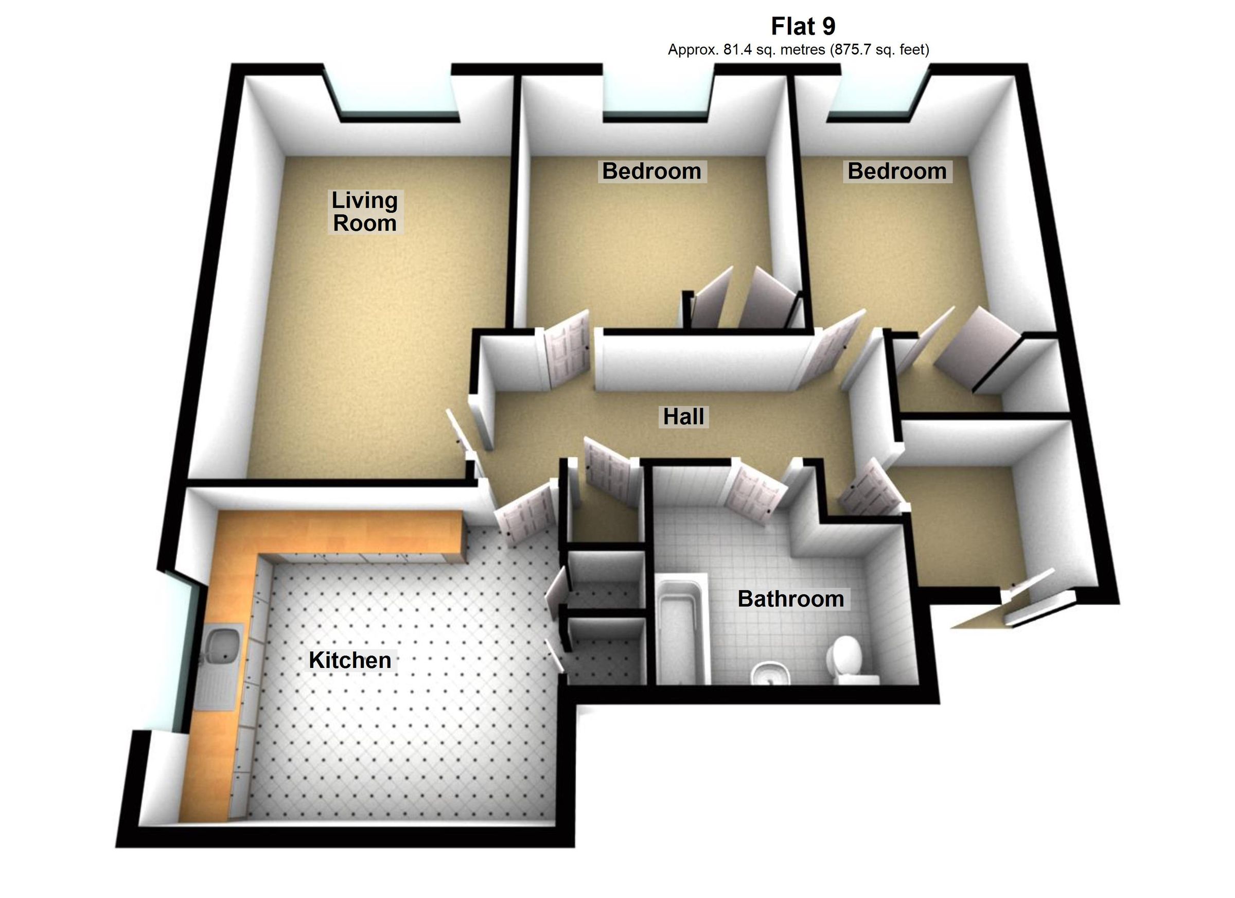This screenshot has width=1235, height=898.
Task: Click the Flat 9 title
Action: (x=803, y=26)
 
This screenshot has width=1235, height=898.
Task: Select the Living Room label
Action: (x=365, y=212)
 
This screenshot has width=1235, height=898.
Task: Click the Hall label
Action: (x=683, y=417)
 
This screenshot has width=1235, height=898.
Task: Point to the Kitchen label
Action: (x=349, y=661)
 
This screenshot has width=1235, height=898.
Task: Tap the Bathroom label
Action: (x=791, y=599)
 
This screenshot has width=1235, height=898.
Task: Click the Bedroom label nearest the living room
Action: (x=651, y=171)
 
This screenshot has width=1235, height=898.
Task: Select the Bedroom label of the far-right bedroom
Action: (x=897, y=171)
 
